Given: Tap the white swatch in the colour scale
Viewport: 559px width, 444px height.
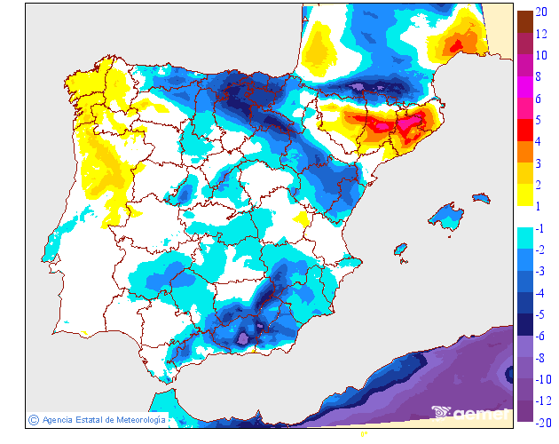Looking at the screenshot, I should coord(524,218).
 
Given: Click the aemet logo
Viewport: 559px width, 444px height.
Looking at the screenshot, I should coord(470,412).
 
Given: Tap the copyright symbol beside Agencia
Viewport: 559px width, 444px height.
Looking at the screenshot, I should coord(34,419).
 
